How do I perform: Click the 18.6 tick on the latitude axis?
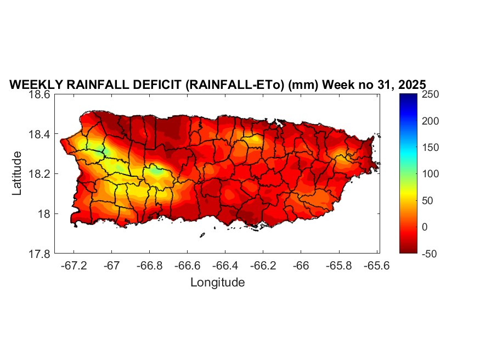coord(41,94)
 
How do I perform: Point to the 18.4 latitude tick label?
coord(41,134)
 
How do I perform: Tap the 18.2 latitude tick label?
coord(41,174)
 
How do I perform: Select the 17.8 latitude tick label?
coord(41,254)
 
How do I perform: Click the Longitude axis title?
coord(217,283)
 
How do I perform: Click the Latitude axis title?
coord(17,173)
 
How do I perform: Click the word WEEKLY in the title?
coord(33,85)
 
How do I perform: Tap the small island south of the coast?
coord(202,235)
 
